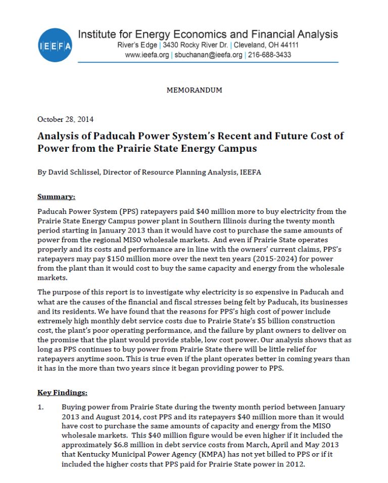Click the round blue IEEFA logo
55,45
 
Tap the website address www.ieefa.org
147,55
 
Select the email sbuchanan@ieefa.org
208,55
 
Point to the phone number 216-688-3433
269,55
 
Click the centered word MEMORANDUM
194,90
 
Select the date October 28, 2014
65,119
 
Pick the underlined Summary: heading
56,196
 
